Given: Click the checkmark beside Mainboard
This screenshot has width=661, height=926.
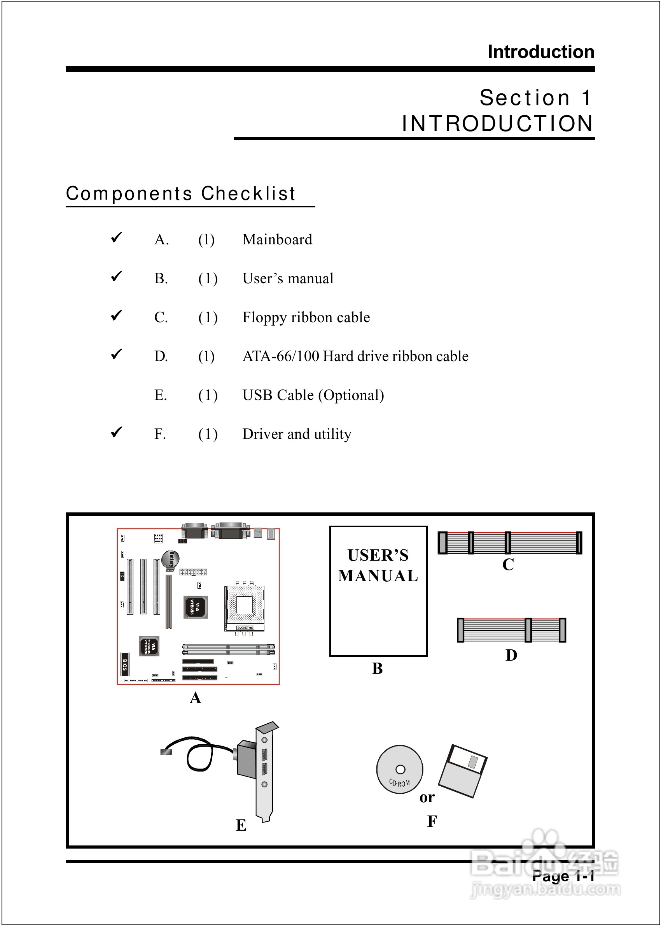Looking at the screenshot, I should click(116, 237).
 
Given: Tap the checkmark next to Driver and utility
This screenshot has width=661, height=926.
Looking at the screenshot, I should click(116, 431).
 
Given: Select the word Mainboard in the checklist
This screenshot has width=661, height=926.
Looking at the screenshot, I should click(277, 239).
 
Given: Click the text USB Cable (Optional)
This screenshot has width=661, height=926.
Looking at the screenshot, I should click(313, 395).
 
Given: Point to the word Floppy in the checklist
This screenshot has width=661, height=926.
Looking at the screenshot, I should click(264, 317).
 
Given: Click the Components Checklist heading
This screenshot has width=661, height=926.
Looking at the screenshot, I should click(181, 193).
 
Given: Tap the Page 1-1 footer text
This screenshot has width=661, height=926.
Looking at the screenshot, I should click(563, 876).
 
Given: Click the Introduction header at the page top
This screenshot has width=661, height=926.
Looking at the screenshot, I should click(540, 52).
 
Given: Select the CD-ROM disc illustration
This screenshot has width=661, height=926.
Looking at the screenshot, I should click(399, 769).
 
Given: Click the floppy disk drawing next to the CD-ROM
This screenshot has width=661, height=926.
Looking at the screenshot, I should click(463, 771).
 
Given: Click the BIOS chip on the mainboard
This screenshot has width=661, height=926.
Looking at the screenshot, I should click(124, 664).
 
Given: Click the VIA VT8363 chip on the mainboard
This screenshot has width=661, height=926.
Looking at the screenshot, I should click(196, 607).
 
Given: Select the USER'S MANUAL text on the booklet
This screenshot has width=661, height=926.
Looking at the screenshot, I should click(378, 566).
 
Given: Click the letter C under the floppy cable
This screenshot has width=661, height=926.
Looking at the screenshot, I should click(508, 565).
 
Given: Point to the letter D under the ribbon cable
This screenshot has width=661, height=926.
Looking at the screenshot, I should click(511, 655).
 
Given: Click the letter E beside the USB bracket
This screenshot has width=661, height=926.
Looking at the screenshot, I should click(241, 825).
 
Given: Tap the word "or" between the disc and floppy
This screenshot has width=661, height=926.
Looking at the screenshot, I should click(427, 797).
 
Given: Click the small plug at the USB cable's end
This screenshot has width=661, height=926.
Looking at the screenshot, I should click(166, 752).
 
